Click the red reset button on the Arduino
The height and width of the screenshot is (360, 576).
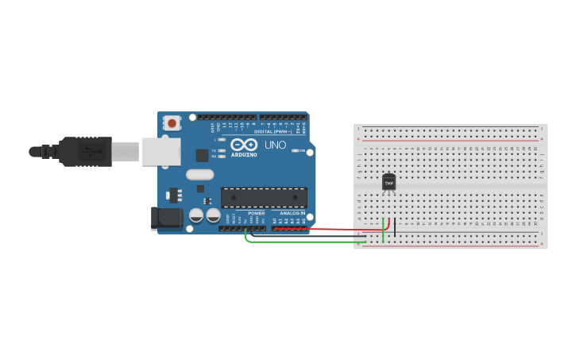click(x=172, y=122)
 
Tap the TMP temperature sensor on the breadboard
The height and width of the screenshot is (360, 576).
click(x=389, y=182)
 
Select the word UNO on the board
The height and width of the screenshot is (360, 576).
click(x=275, y=145)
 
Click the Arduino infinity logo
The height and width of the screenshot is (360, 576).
click(x=245, y=145)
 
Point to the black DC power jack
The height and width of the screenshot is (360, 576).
click(x=164, y=219)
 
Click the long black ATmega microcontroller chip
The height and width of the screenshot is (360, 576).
click(x=264, y=197)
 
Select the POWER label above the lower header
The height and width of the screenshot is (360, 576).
click(x=256, y=213)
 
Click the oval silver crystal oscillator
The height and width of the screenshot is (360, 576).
click(x=200, y=174)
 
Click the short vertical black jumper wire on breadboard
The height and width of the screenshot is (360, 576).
click(x=395, y=228)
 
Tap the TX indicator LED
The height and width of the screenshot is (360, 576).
click(x=222, y=149)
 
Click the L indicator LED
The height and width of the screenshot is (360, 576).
click(x=222, y=140)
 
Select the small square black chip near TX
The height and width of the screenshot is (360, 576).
click(x=203, y=156)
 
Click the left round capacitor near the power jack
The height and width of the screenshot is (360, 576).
click(x=196, y=215)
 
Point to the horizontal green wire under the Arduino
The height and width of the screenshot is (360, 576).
click(x=302, y=242)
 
